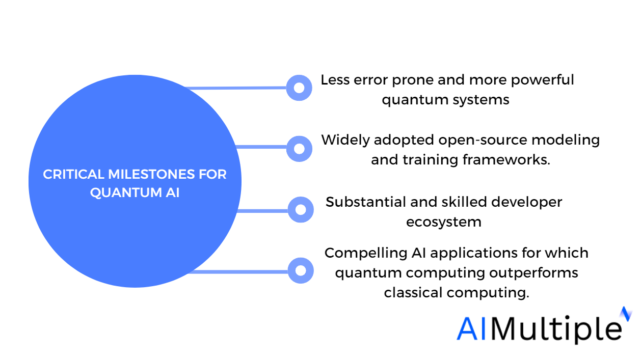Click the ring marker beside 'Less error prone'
click(299, 88)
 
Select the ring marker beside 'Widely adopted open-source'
click(300, 149)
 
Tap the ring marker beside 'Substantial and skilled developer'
click(301, 210)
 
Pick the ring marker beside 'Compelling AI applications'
click(301, 270)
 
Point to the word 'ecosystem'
click(443, 221)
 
